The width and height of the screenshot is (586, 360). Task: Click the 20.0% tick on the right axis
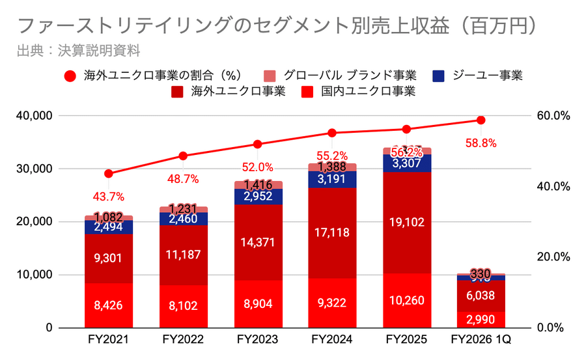coord(555,257)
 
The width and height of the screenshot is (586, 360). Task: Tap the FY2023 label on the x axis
coord(257,340)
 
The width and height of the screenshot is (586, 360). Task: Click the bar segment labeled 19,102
coord(406,222)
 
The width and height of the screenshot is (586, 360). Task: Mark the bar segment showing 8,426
coord(108,305)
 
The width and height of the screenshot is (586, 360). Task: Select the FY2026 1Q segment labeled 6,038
coord(481,296)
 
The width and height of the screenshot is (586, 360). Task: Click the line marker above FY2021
coord(109,174)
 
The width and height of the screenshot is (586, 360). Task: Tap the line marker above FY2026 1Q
coord(481,120)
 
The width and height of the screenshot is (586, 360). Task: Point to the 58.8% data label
coord(481,143)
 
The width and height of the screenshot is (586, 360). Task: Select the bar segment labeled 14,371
coord(258,242)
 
